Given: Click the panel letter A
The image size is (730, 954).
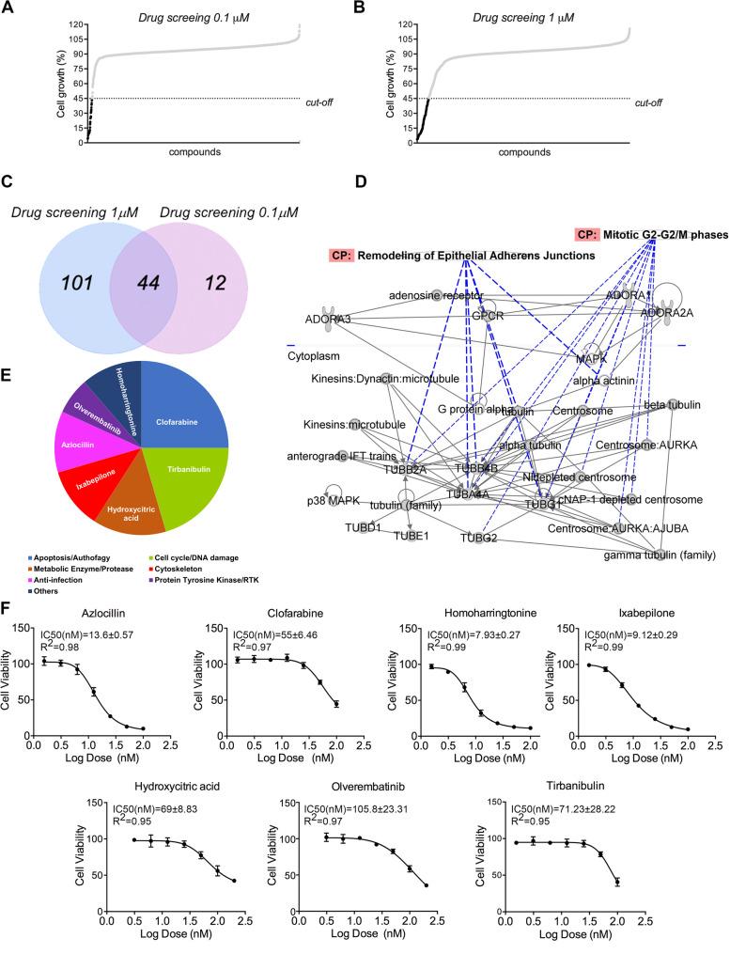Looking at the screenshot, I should tap(8, 8).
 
